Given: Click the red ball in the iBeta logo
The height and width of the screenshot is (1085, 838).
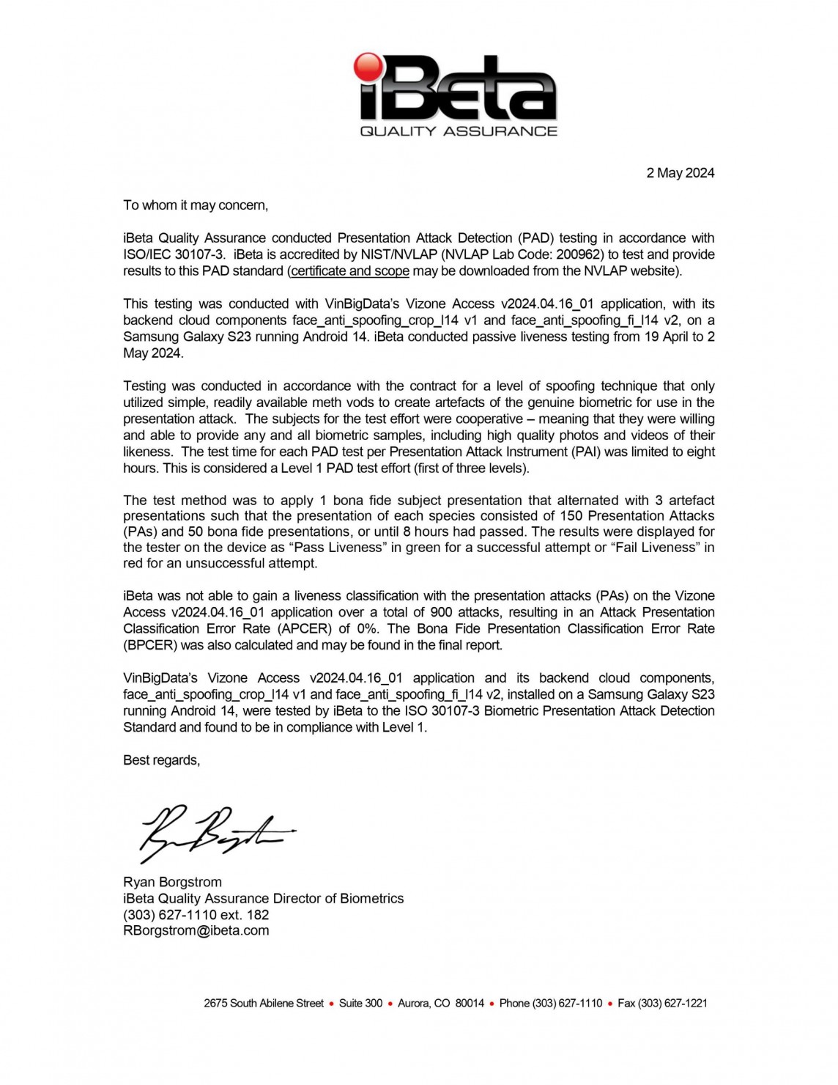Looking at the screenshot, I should coord(368,67).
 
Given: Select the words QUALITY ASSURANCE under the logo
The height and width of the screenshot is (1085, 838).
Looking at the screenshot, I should coord(459,131).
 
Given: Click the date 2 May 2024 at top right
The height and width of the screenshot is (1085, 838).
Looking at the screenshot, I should coord(680,173).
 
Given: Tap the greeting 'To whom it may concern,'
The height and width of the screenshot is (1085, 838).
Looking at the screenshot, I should coord(196,205).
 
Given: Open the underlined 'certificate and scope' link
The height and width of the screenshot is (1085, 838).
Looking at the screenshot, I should coord(349,271).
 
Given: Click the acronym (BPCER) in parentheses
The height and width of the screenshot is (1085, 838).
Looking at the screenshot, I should coord(150,646).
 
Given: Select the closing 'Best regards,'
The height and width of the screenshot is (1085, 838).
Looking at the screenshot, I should coord(161,760).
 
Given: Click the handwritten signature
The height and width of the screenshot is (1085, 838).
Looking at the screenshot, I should coord(212,832).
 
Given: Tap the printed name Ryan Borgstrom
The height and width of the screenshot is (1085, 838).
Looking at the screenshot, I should coord(172,882).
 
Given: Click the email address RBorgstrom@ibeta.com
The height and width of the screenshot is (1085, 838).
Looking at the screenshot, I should coord(196,931).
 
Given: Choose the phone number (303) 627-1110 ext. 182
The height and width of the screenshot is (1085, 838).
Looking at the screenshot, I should coord(196,915).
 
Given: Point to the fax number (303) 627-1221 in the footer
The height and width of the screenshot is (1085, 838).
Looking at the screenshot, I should coord(672,1004).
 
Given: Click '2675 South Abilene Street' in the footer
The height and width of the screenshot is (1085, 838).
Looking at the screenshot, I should coord(264,1004).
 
